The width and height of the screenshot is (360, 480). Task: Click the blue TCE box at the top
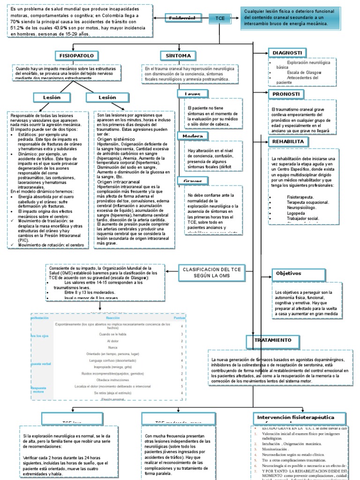pos(220,18)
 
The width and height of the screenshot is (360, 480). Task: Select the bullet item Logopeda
pos(295,213)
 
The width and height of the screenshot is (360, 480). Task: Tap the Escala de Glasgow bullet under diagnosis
pos(304,73)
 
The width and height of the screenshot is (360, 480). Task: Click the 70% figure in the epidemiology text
pos(16,22)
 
